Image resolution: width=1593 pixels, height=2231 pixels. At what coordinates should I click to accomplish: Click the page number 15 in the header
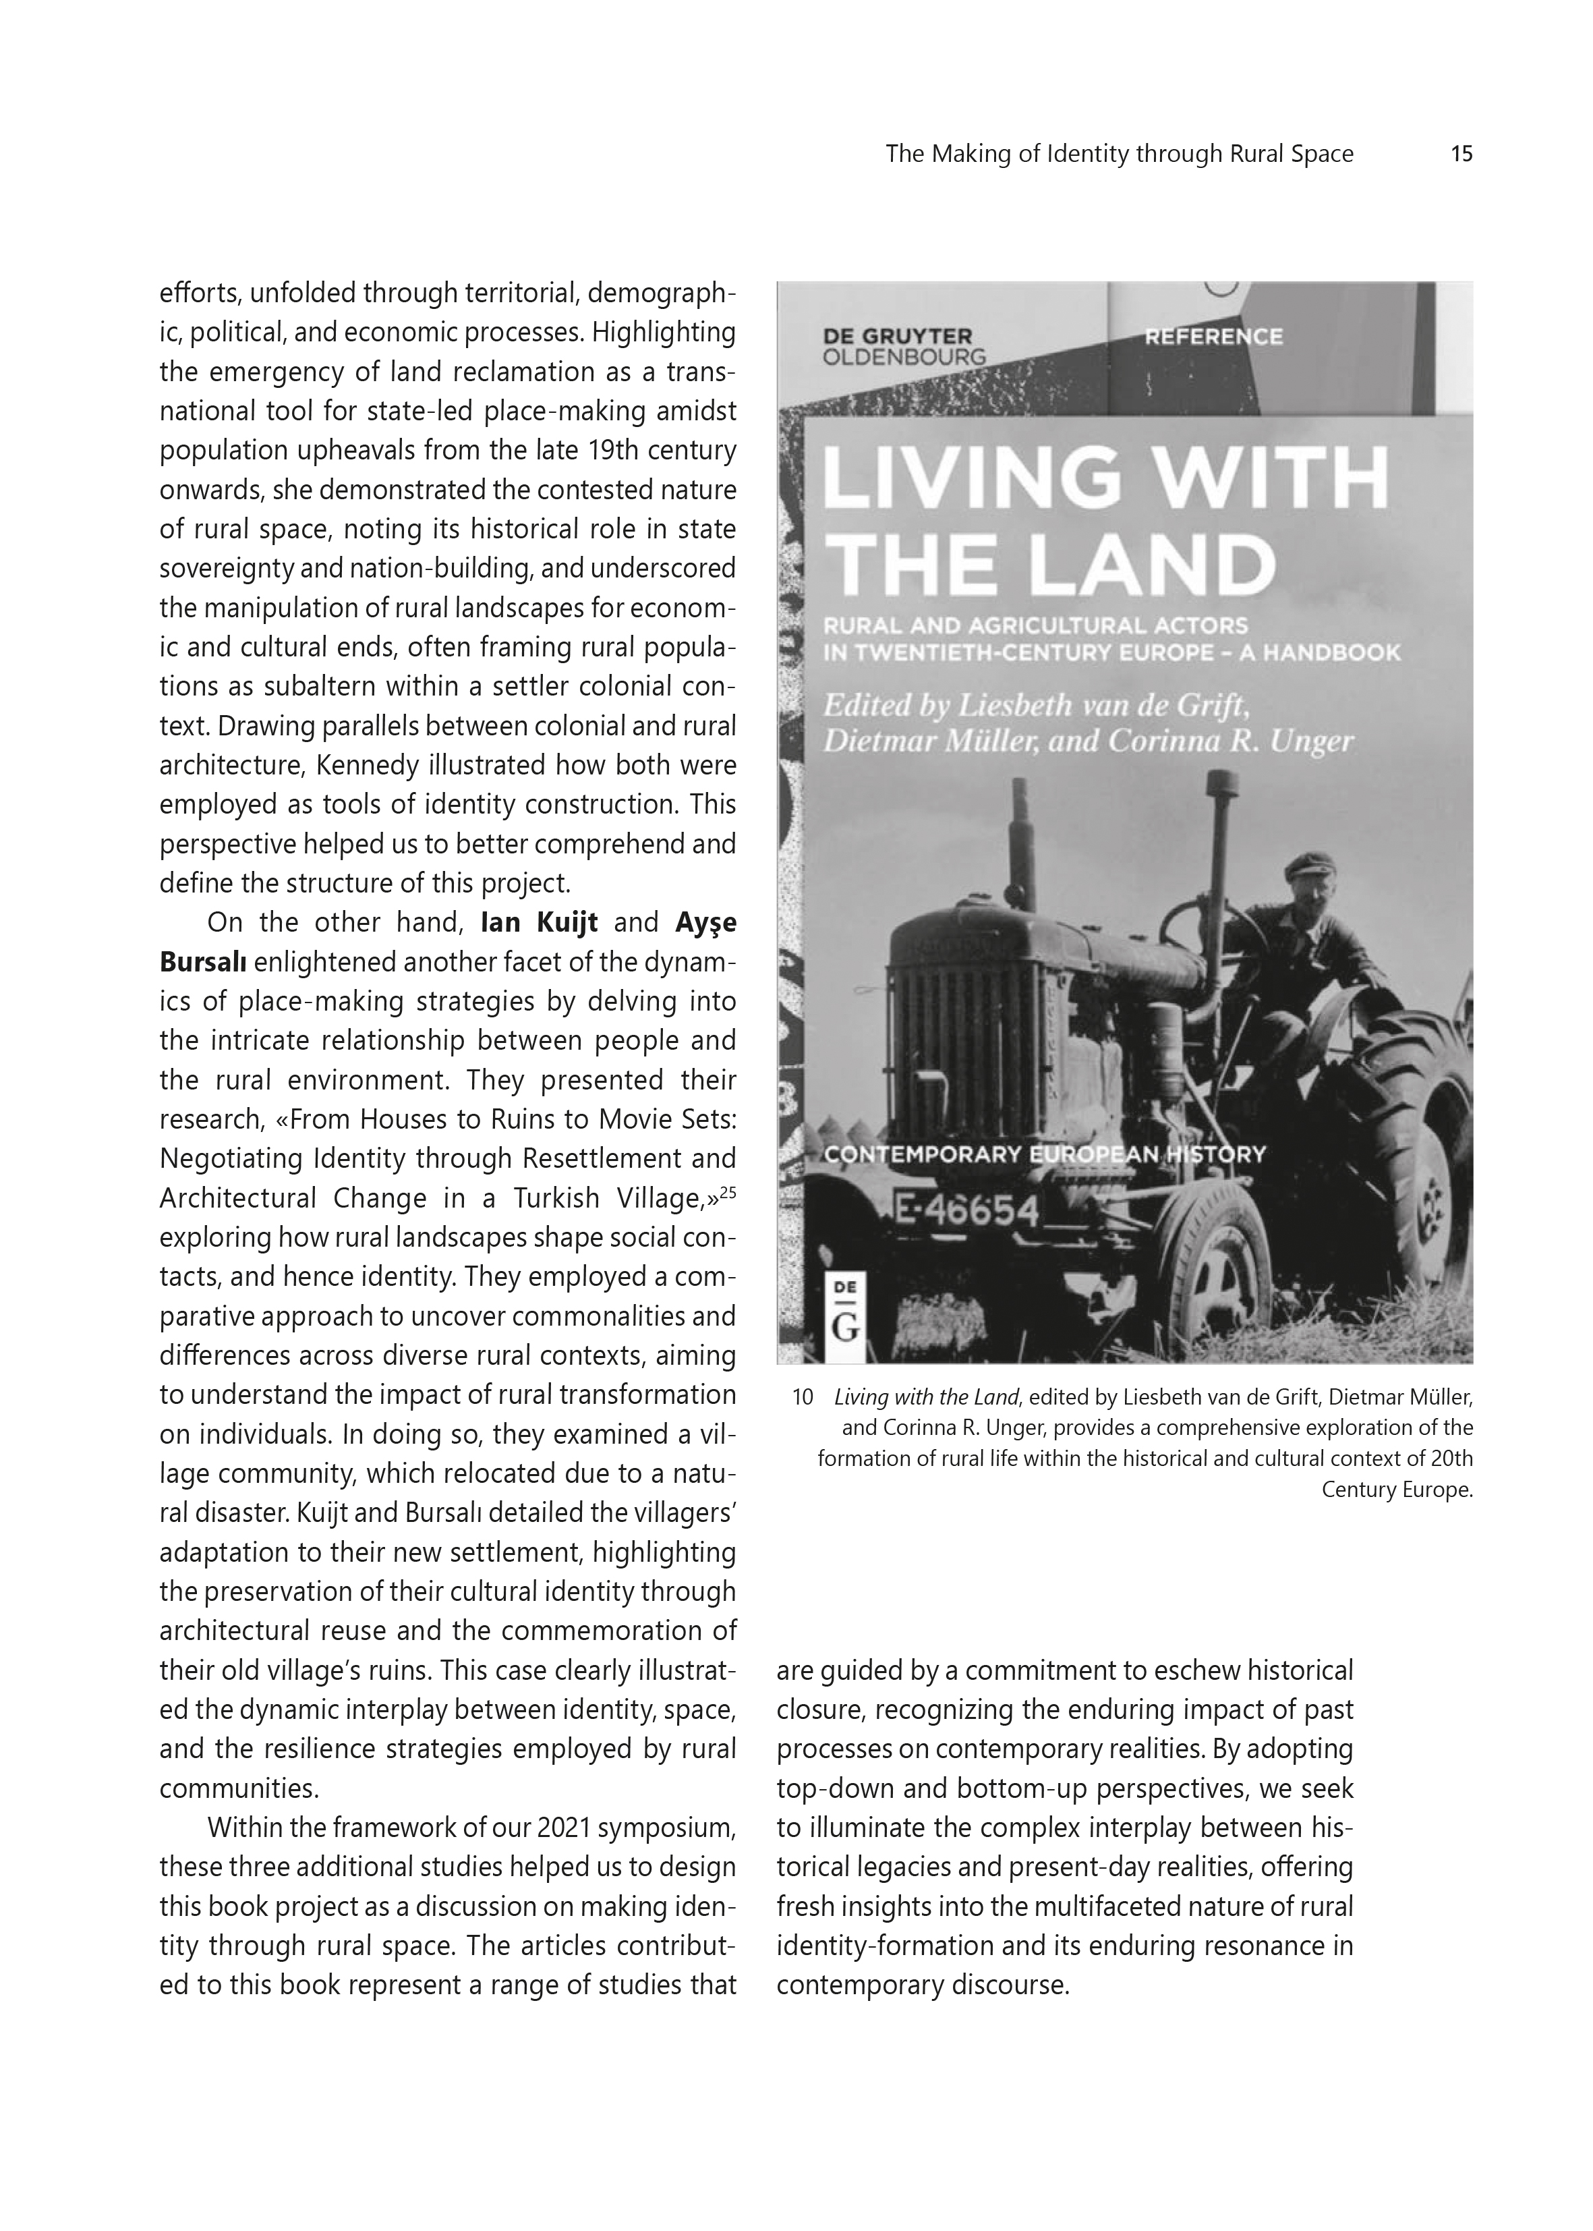click(x=1461, y=154)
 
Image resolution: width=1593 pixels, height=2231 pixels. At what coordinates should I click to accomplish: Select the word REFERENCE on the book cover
click(x=1213, y=337)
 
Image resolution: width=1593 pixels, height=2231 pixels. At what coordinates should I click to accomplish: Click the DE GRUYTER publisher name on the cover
click(x=896, y=337)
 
